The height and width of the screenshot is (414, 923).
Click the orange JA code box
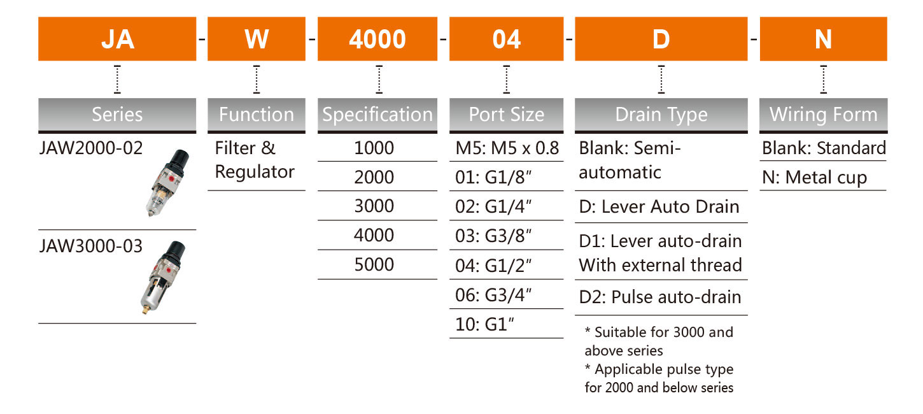pyautogui.click(x=117, y=39)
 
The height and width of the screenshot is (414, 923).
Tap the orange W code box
pyautogui.click(x=257, y=39)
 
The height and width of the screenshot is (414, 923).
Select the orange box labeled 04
pyautogui.click(x=507, y=39)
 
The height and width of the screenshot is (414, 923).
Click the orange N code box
pyautogui.click(x=823, y=39)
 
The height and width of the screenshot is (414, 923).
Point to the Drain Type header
pyautogui.click(x=661, y=115)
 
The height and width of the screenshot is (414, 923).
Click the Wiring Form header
pyautogui.click(x=823, y=115)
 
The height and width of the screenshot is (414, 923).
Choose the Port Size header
pyautogui.click(x=507, y=115)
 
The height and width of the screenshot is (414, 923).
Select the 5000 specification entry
pyautogui.click(x=374, y=265)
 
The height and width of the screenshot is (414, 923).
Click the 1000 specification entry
pyautogui.click(x=374, y=148)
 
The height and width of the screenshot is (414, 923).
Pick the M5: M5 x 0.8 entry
pyautogui.click(x=507, y=148)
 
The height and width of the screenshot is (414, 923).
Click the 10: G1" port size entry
pyautogui.click(x=484, y=325)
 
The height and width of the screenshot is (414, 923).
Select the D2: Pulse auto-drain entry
pyautogui.click(x=659, y=297)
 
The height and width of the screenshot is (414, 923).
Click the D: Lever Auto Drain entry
pyautogui.click(x=659, y=206)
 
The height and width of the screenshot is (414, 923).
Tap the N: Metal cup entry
pyautogui.click(x=814, y=178)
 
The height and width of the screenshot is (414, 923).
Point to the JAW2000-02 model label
pyautogui.click(x=90, y=148)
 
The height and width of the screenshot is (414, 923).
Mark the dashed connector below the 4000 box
pyautogui.click(x=379, y=79)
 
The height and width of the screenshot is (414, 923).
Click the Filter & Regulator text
pyautogui.click(x=255, y=160)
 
